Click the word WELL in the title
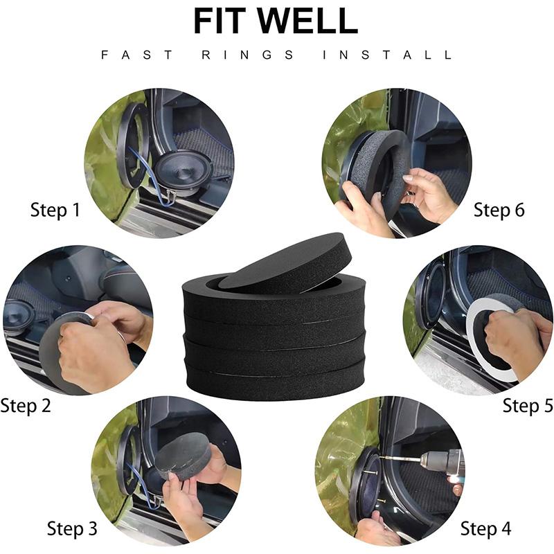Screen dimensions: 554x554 (307, 21)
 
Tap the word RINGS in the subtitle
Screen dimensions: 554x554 (247, 55)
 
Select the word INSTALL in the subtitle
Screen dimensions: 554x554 (387, 55)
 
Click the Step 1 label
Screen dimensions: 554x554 (55, 210)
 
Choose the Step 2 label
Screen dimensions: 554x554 (26, 406)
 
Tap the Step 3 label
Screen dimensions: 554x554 (72, 528)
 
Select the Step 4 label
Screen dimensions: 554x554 (486, 528)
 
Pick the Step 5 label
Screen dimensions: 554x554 (528, 405)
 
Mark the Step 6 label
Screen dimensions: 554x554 (499, 210)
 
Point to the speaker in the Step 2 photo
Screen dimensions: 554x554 (19, 318)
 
